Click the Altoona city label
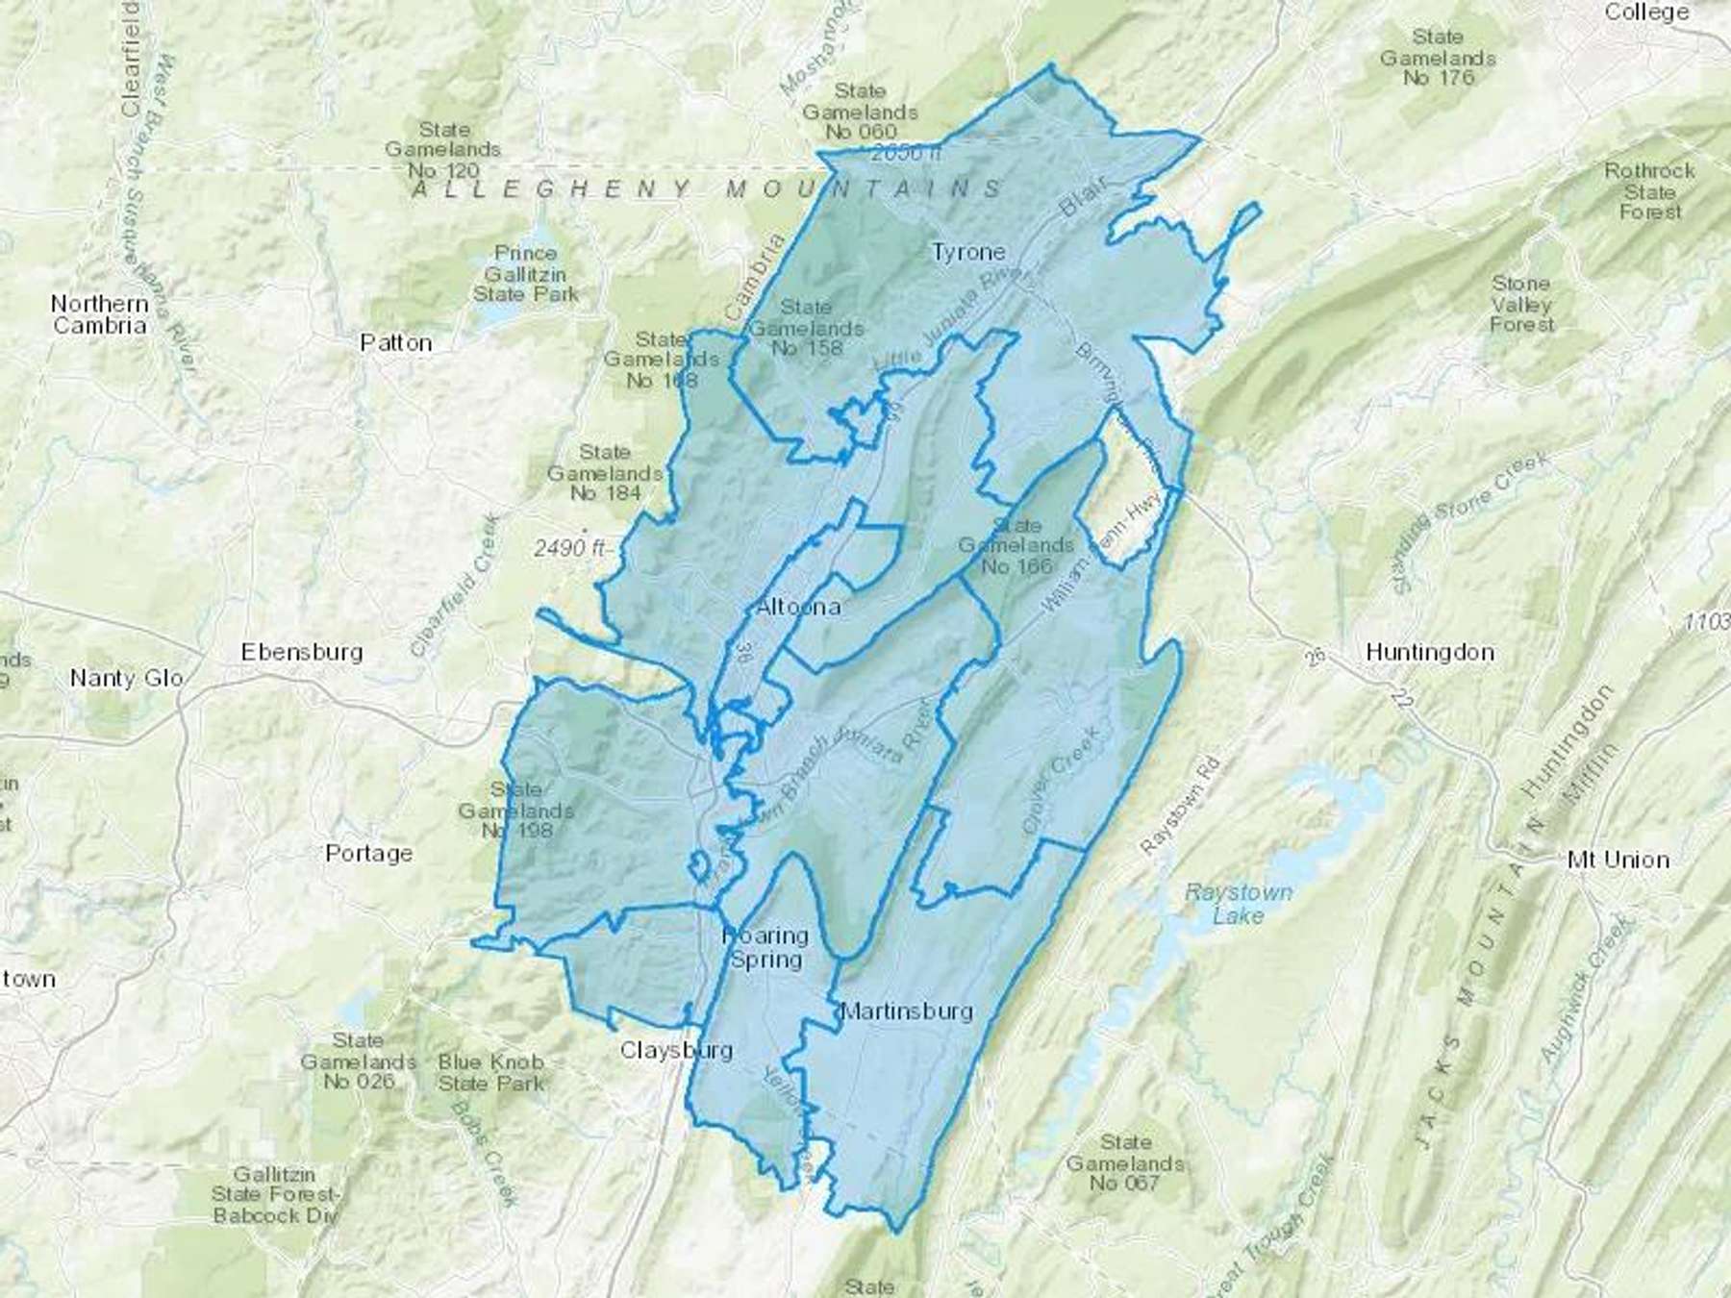[x=798, y=607]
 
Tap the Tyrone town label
[x=968, y=252]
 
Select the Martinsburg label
[x=907, y=1011]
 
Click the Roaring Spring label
[x=765, y=947]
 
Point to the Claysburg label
[x=676, y=1050]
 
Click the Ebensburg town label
[x=302, y=652]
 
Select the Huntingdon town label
[x=1430, y=652]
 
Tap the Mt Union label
[x=1618, y=860]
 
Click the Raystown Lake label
[x=1239, y=904]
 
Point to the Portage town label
[x=369, y=853]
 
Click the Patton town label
[x=395, y=343]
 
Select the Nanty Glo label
[x=126, y=678]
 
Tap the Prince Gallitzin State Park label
[x=525, y=273]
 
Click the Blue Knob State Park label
[x=490, y=1072]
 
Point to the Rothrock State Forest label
[x=1649, y=190]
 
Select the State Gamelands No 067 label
[x=1125, y=1162]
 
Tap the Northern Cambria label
[x=100, y=314]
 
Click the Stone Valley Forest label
[x=1521, y=304]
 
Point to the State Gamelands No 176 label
[x=1438, y=57]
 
